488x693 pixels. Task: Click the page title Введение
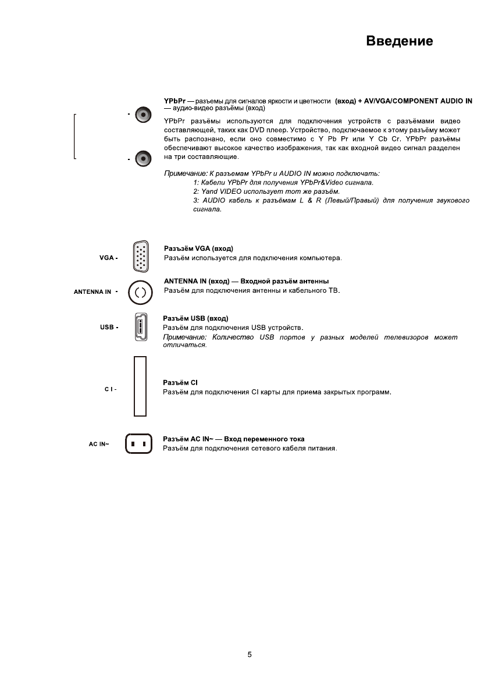399,41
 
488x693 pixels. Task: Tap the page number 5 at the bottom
250,655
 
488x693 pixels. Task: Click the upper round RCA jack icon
143,115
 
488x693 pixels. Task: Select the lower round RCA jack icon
143,158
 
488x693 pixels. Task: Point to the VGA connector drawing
141,257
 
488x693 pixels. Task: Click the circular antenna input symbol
140,292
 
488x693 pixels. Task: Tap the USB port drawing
140,328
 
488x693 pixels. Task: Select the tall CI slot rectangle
140,386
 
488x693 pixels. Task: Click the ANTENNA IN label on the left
92,292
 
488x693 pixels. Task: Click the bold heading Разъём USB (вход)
196,319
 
